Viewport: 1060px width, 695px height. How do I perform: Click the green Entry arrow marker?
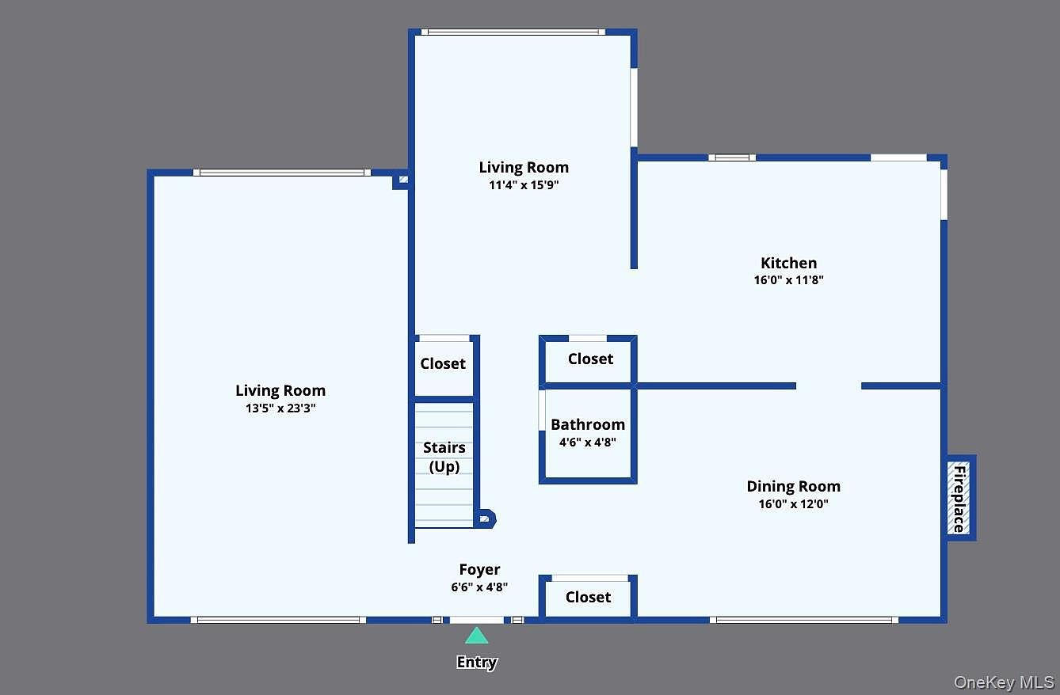(x=476, y=636)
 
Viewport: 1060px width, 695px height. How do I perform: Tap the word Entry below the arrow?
(x=476, y=663)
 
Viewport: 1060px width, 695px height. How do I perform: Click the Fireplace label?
(x=959, y=499)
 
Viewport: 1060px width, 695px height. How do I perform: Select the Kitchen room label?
(x=788, y=263)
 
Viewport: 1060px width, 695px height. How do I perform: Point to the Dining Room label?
(x=793, y=486)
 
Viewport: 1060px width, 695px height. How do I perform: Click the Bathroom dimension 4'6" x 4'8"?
(x=587, y=442)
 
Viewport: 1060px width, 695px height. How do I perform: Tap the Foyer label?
(x=479, y=569)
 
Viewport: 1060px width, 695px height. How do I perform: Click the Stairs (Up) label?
(x=444, y=457)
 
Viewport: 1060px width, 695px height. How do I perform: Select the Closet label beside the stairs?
(x=443, y=363)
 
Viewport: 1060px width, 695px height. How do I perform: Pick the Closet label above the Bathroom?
(x=590, y=359)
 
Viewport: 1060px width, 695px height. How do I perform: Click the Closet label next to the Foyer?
(x=588, y=597)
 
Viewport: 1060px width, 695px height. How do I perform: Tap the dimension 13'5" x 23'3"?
(x=280, y=408)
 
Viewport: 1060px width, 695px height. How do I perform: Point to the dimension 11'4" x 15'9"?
(x=524, y=185)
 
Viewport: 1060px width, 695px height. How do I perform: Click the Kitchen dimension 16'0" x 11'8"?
(x=788, y=279)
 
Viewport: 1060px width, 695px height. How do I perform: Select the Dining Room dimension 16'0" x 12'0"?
(x=793, y=503)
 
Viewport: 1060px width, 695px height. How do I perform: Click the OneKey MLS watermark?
(x=1004, y=682)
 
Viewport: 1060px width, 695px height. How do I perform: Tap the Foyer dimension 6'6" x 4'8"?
(x=479, y=587)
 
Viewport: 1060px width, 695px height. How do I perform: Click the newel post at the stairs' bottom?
(x=484, y=519)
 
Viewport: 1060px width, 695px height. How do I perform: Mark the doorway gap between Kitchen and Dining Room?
(x=829, y=386)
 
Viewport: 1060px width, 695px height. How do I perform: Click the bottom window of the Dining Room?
(x=804, y=620)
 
